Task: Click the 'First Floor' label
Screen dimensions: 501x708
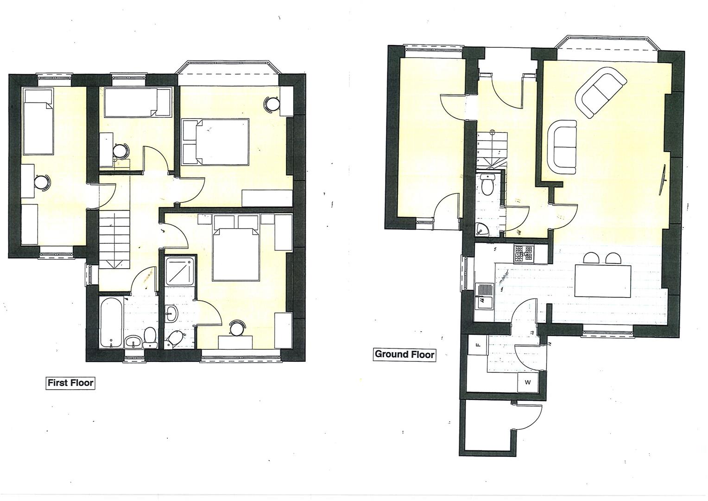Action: tap(70, 383)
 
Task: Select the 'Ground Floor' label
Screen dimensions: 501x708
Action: tap(405, 354)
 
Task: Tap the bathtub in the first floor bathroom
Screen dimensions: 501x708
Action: tap(111, 322)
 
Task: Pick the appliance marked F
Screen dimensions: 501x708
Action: tap(478, 345)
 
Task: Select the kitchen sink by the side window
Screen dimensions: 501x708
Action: tap(484, 295)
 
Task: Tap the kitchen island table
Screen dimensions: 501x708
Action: tap(602, 281)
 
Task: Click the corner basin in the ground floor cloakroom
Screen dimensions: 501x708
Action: tap(482, 229)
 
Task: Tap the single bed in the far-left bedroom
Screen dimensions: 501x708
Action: tap(38, 122)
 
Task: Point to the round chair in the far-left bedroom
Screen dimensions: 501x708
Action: tap(42, 182)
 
